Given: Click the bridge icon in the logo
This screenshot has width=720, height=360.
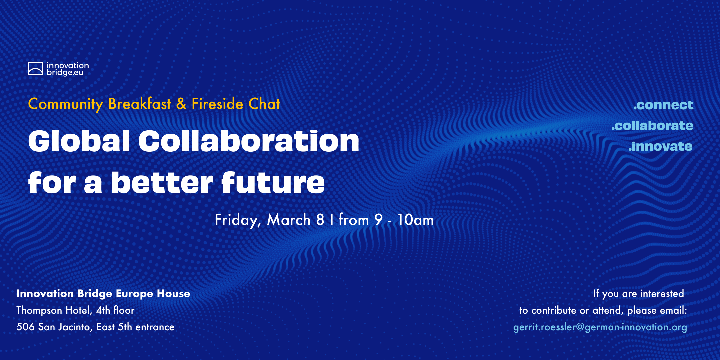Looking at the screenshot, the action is tap(35, 68).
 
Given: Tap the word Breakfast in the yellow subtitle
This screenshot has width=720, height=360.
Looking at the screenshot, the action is tap(140, 104).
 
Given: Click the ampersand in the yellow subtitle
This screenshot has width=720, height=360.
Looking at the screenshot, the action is tap(181, 104).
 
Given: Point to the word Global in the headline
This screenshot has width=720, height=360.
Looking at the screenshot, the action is tap(79, 141).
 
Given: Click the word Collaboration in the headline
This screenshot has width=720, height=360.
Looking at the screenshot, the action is tap(249, 141).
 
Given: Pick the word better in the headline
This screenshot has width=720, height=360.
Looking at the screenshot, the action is tap(162, 183).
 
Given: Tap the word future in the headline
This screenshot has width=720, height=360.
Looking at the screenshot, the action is tap(273, 183).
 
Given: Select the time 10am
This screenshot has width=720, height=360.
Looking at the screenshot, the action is tap(415, 220).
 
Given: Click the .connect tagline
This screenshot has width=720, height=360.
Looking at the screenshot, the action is tap(663, 105).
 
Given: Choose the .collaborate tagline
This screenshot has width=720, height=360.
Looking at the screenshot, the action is tap(652, 126).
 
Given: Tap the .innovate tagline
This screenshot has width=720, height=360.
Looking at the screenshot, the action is tap(660, 146).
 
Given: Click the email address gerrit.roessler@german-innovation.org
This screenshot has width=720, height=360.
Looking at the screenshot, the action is tap(600, 327).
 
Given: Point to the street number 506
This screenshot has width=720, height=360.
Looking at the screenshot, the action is tap(25, 327).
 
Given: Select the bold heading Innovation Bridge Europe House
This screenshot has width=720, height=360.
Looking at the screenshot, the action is tap(103, 293).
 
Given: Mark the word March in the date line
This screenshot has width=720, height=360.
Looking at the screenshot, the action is tap(289, 220).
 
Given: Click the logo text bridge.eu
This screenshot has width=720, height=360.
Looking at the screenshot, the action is tap(65, 73).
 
